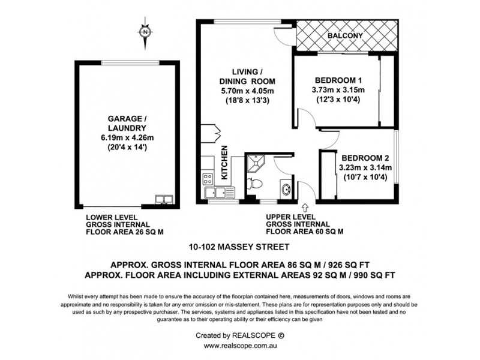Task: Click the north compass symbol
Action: [145, 31]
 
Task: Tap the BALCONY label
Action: [346, 36]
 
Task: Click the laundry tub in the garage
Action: [163, 199]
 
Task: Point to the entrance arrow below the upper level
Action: [306, 207]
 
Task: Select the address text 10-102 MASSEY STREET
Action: [239, 247]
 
